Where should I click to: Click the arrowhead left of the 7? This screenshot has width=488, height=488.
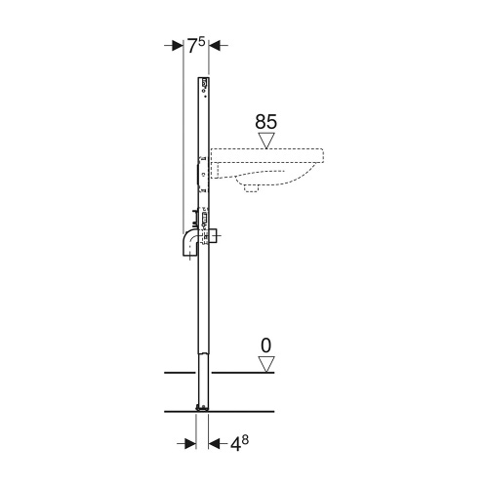pyautogui.click(x=177, y=45)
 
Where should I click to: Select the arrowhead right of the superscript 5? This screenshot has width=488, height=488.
pyautogui.click(x=217, y=45)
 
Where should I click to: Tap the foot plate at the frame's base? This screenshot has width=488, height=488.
pyautogui.click(x=202, y=406)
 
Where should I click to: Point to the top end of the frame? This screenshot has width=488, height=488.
pyautogui.click(x=204, y=78)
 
